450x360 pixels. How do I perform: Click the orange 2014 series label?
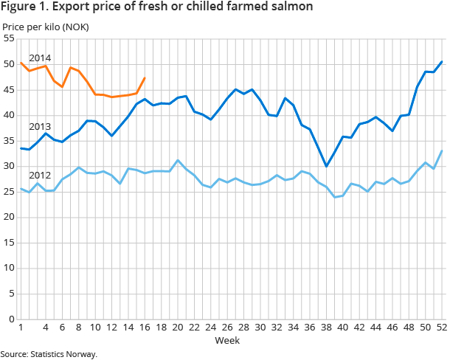(x=39, y=58)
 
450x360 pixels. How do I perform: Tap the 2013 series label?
(x=39, y=126)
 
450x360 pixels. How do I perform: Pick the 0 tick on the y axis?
(x=12, y=319)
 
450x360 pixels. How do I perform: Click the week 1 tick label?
(x=21, y=328)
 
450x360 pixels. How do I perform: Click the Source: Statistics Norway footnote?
(x=49, y=354)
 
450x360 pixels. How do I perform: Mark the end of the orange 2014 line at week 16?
(x=145, y=77)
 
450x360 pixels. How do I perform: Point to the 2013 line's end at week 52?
(x=442, y=61)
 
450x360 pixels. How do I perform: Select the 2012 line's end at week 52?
(x=442, y=150)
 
